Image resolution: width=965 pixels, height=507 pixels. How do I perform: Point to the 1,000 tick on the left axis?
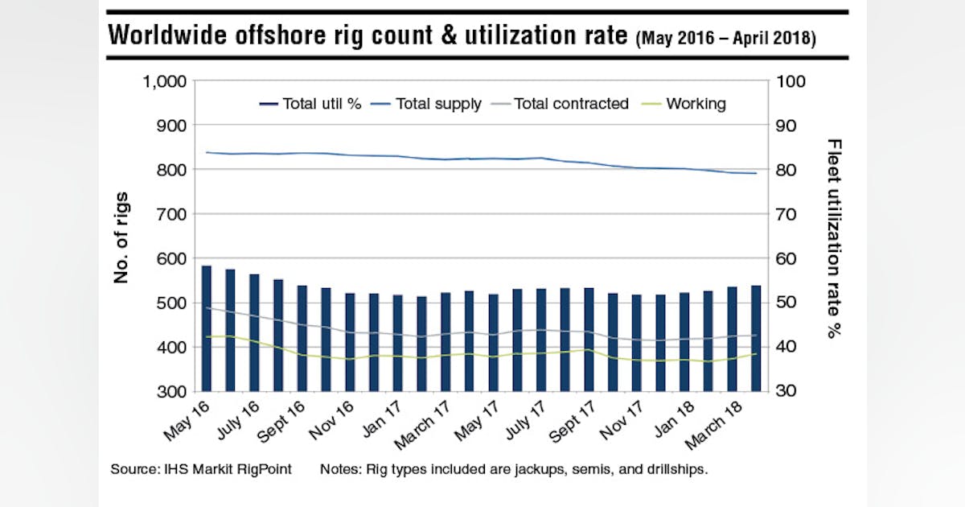pos(164,82)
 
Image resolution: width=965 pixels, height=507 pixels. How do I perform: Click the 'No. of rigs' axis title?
pos(121,237)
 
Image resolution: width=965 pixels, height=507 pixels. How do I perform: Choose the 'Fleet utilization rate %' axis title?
pos(834,237)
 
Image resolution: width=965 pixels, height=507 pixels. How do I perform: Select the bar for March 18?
pos(732,339)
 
